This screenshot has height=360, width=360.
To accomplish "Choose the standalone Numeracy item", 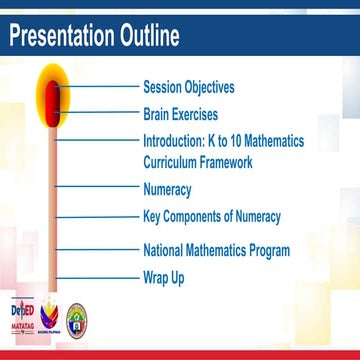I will click(167, 188).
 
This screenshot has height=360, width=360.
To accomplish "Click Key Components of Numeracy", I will click(212, 215).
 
